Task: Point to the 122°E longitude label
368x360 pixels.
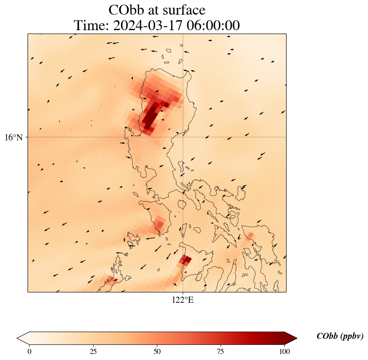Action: pyautogui.click(x=183, y=300)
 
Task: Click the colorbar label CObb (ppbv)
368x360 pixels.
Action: pyautogui.click(x=340, y=336)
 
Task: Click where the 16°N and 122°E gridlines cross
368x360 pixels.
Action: pyautogui.click(x=183, y=137)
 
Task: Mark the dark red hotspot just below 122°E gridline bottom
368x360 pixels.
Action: pyautogui.click(x=186, y=260)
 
